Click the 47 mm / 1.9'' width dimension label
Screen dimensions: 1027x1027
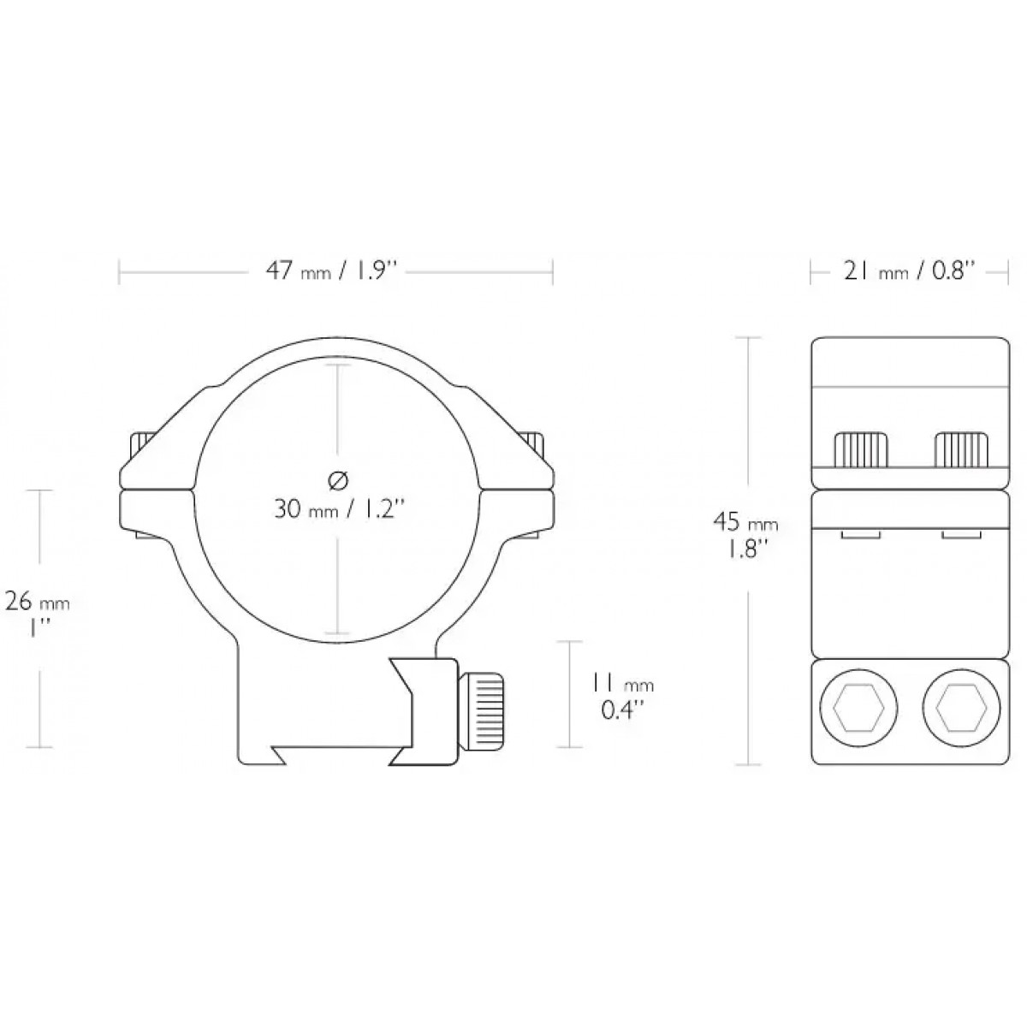(332, 272)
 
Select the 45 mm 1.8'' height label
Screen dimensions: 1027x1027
(746, 536)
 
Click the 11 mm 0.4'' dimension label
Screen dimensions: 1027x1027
(622, 696)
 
